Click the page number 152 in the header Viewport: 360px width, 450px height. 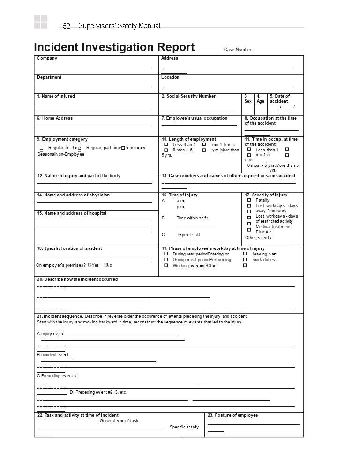65,26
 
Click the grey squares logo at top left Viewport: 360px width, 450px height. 40,22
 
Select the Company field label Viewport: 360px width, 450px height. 47,58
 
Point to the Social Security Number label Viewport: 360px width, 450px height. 188,96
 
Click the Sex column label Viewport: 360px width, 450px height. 248,101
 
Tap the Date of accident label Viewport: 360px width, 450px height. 279,98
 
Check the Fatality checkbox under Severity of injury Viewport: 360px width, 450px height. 249,200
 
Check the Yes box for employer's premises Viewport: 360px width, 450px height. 90,265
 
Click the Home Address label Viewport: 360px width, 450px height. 55,118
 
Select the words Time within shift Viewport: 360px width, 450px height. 192,218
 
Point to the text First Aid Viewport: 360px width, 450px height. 263,232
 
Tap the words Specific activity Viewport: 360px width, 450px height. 184,427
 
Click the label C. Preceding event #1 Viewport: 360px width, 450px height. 58,376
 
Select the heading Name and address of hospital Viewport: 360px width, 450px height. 72,213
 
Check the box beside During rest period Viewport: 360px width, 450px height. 166,254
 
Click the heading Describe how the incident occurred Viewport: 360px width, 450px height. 77,279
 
